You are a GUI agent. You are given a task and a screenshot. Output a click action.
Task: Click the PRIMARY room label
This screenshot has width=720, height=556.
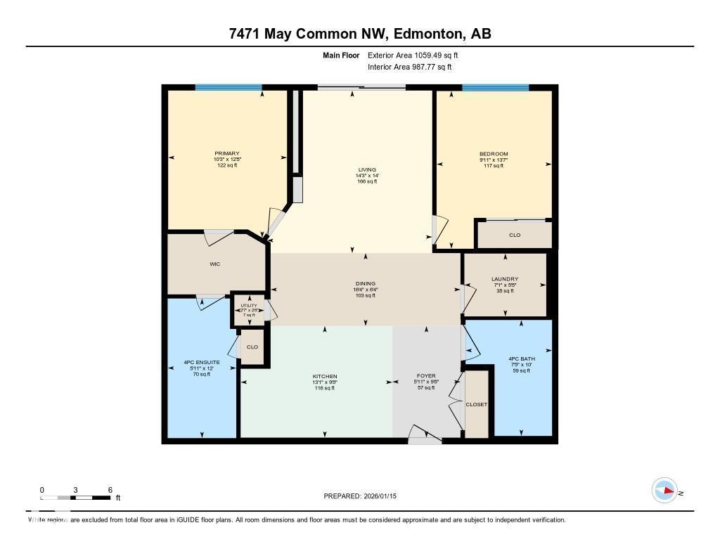(x=227, y=153)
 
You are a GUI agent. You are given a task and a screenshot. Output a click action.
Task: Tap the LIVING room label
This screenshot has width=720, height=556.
(x=367, y=169)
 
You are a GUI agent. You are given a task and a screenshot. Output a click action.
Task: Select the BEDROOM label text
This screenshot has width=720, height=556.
(x=494, y=154)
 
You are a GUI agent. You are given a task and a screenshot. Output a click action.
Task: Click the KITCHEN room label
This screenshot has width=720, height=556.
(x=325, y=376)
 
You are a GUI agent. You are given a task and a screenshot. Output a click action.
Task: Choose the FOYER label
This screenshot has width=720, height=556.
(x=427, y=376)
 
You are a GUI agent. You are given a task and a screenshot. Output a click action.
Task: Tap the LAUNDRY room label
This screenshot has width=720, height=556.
(x=505, y=279)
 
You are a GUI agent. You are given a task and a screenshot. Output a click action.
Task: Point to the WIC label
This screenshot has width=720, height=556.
(x=216, y=265)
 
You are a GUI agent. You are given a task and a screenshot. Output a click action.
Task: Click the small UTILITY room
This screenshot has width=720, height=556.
(x=249, y=309)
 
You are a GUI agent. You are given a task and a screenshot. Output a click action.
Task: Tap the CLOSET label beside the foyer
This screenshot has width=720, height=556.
(x=476, y=405)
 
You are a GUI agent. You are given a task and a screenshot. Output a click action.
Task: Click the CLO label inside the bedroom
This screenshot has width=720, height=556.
(x=515, y=235)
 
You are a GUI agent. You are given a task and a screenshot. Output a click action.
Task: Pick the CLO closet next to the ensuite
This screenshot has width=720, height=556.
(x=252, y=347)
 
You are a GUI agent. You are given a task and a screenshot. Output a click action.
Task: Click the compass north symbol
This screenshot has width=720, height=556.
(x=664, y=490)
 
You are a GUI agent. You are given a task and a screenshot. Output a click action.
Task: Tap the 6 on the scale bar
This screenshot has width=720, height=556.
(x=110, y=489)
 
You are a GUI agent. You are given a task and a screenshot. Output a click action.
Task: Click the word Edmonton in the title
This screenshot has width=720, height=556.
(x=427, y=34)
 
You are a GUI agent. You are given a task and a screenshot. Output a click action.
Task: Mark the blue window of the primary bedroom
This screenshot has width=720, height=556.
(x=229, y=87)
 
